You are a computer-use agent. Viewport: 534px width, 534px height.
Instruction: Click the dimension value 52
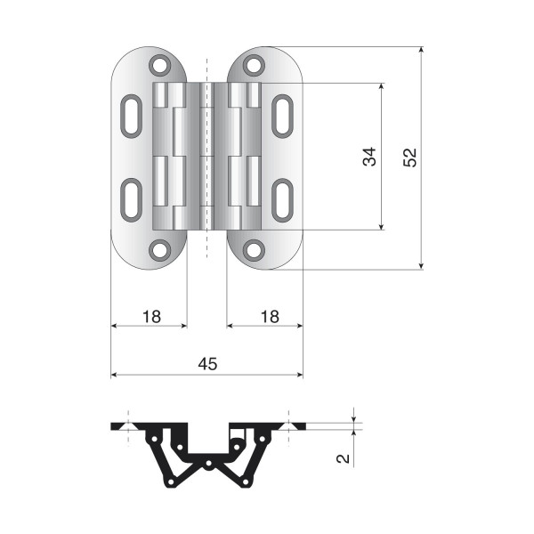409,158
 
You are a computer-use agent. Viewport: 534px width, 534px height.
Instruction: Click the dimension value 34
369,157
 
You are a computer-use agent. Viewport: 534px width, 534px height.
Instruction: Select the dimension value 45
207,364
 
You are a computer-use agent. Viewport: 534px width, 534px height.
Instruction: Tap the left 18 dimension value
151,317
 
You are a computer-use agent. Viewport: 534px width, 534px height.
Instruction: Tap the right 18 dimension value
270,317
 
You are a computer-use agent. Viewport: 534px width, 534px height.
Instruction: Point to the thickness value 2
343,458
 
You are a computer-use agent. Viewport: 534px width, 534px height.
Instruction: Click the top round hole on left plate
159,65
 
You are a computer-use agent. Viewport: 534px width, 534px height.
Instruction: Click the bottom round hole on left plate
159,250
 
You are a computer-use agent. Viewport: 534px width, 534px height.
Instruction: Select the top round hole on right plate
254,65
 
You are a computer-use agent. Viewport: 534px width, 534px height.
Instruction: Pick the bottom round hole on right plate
254,250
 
